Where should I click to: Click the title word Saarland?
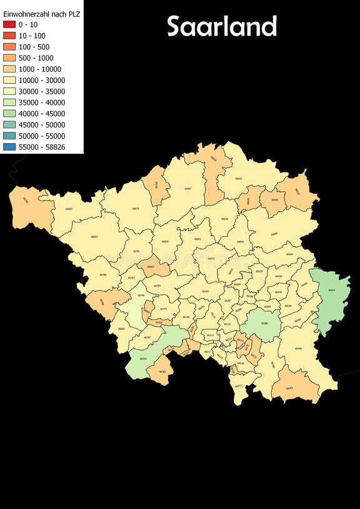point(222,27)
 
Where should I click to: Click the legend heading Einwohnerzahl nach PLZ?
point(42,12)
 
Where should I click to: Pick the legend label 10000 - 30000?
point(42,80)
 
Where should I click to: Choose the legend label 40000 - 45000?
point(42,113)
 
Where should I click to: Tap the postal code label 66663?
point(94,237)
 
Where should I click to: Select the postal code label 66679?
point(136,209)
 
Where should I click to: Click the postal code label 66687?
point(188,189)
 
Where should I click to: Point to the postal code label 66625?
point(238,179)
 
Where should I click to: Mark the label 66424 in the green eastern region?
point(331,290)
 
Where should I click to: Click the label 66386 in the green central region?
point(264,323)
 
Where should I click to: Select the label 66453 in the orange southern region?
point(289,388)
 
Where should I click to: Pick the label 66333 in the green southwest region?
point(143,358)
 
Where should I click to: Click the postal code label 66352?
point(162,372)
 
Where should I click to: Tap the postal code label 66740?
point(141,295)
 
